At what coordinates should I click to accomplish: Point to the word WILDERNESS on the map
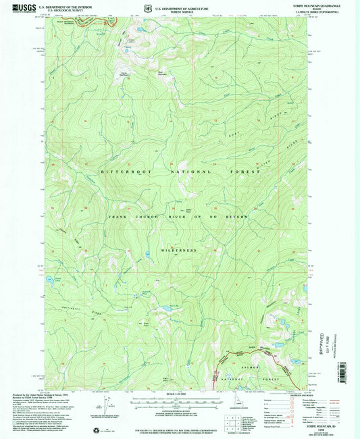tap(179, 250)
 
